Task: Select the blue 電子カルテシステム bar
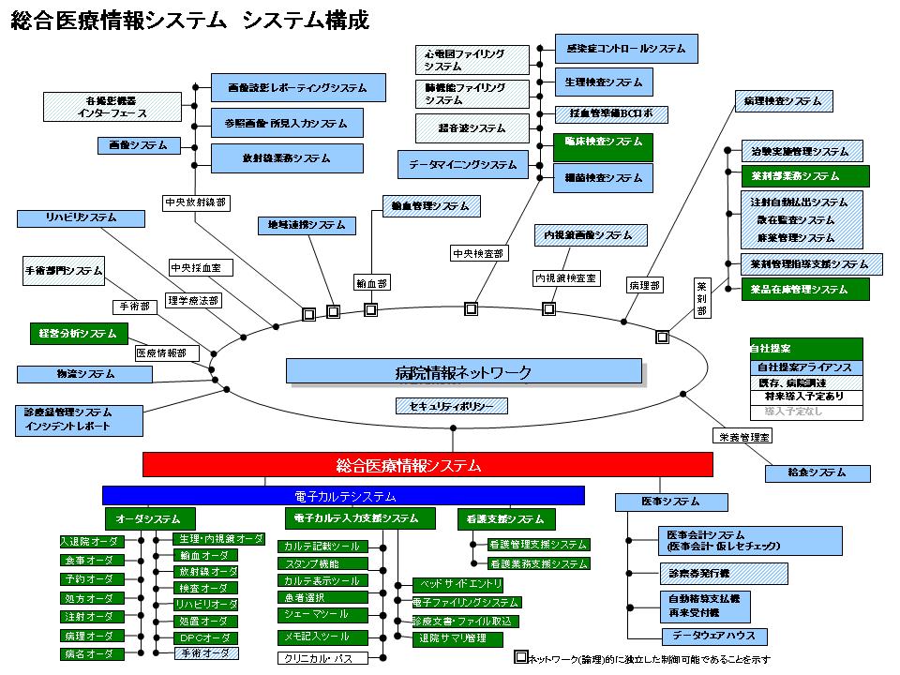pos(343,496)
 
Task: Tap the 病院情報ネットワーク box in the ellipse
pos(464,372)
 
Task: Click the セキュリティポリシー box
pos(452,406)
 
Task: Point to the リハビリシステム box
pos(81,218)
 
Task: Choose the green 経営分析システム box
pos(78,333)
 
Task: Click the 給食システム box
pos(817,473)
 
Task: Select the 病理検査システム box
pos(782,100)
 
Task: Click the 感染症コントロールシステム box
pos(626,48)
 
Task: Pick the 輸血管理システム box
pos(431,206)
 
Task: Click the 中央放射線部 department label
pos(195,202)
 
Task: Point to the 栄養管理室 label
pos(742,436)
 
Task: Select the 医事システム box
pos(671,502)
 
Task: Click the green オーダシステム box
pos(149,518)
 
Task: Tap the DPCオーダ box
pos(205,637)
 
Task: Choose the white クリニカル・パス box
pos(319,658)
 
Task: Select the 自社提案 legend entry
pos(805,349)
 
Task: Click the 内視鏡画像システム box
pos(590,235)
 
